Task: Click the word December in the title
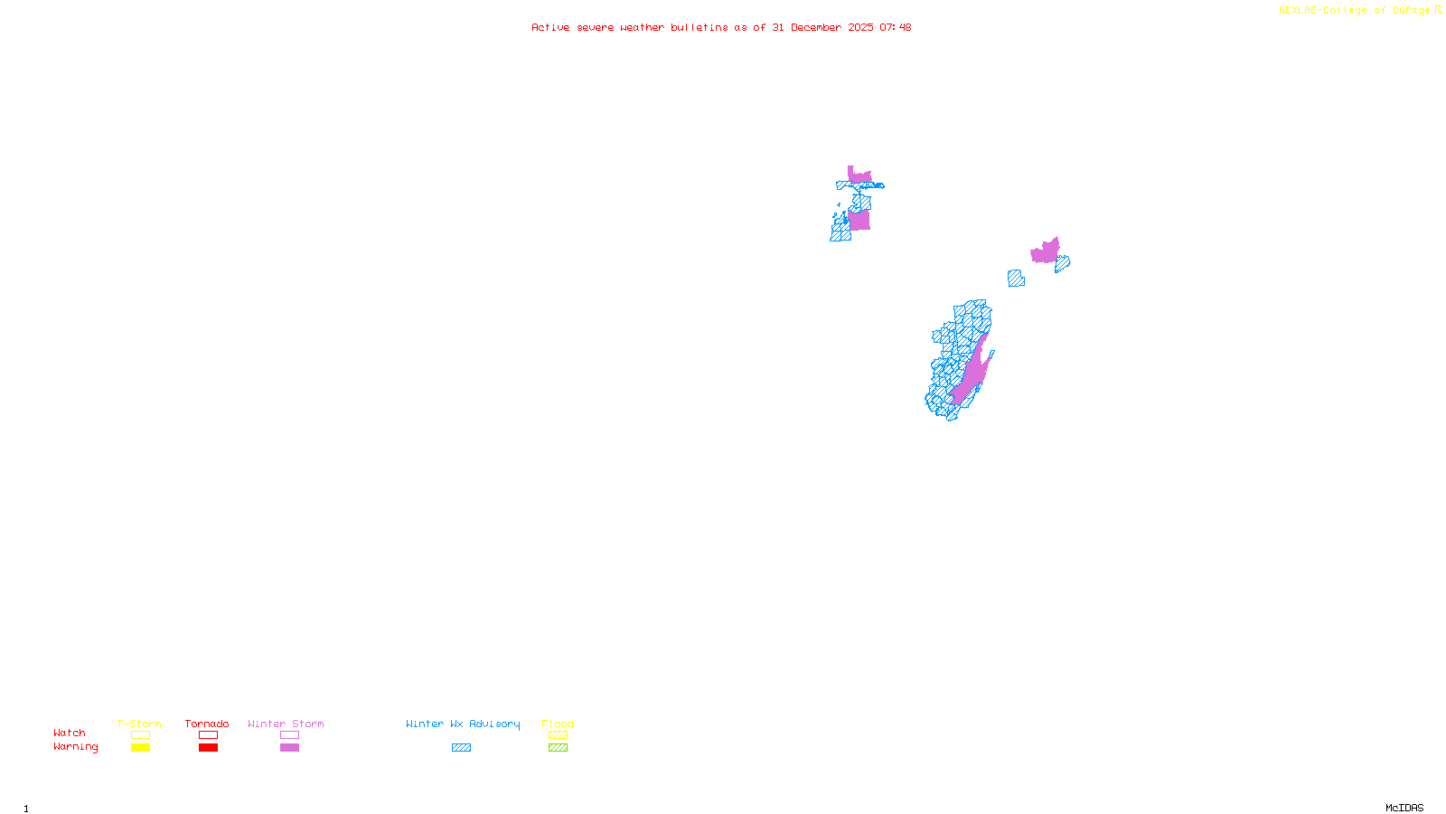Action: coord(816,27)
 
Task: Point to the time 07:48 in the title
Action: coord(895,27)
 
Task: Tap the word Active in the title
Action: coord(550,27)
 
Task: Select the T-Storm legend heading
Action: coord(139,724)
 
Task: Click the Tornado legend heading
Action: coord(207,724)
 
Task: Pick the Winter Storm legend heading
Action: coord(286,724)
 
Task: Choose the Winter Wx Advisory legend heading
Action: coord(463,724)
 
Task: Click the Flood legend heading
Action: coord(558,724)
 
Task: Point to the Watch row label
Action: coord(70,733)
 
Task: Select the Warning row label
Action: coord(76,747)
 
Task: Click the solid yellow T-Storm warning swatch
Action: coord(140,748)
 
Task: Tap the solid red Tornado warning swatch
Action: coord(208,748)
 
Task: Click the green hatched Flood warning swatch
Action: coord(558,748)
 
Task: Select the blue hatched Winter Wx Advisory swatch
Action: coord(461,748)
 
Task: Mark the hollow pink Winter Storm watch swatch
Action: coord(289,735)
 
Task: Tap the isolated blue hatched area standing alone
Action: coord(1016,279)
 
